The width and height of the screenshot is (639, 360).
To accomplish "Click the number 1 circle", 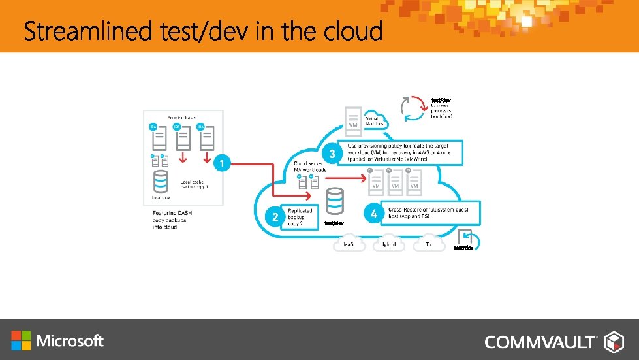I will click(x=223, y=163).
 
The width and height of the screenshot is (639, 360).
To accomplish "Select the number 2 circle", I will click(x=275, y=218).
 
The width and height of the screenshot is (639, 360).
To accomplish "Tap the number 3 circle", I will click(x=333, y=154).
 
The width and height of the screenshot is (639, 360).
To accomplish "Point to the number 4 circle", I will click(x=373, y=214).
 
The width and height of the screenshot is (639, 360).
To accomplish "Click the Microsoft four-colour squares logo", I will click(x=21, y=340).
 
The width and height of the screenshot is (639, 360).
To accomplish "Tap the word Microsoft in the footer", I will click(x=70, y=340).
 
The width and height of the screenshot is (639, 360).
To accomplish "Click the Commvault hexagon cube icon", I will click(x=614, y=341).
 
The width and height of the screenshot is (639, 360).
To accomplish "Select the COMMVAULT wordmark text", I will click(x=540, y=342).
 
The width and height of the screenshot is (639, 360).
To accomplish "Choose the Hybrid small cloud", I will click(x=388, y=244).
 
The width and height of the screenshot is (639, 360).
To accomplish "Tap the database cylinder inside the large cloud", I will click(x=335, y=200).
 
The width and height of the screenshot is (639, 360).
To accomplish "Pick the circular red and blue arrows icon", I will click(x=414, y=108).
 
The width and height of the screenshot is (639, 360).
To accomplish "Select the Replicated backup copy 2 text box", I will click(x=301, y=217).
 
